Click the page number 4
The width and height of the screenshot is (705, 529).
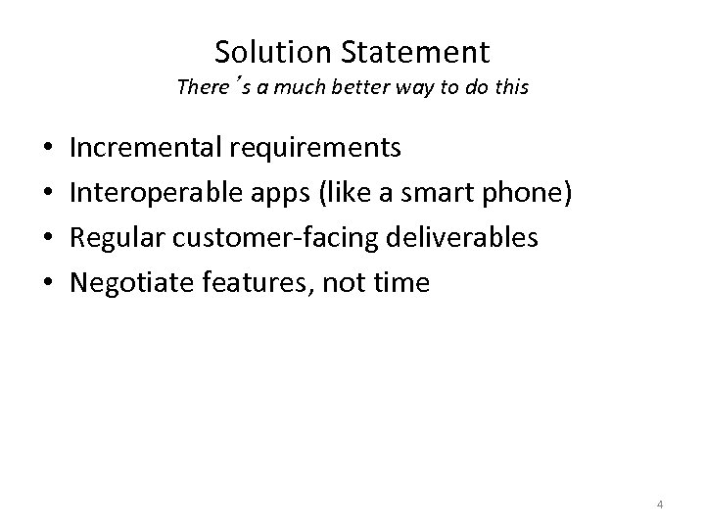660,505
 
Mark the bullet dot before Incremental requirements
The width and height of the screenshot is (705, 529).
48,149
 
